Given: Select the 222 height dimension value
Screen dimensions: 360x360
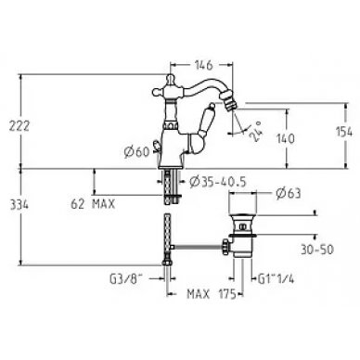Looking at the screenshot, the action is (19, 126).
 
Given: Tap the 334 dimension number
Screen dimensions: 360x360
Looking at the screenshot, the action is (19, 205).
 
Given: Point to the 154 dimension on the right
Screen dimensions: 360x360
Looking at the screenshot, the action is (344, 132).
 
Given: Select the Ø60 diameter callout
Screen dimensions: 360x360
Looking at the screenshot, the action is (136, 152).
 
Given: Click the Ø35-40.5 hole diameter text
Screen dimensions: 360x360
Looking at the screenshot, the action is (218, 182).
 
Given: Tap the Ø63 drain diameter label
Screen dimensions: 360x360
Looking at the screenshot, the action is (289, 194).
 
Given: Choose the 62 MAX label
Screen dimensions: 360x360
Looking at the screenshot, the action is (93, 204).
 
